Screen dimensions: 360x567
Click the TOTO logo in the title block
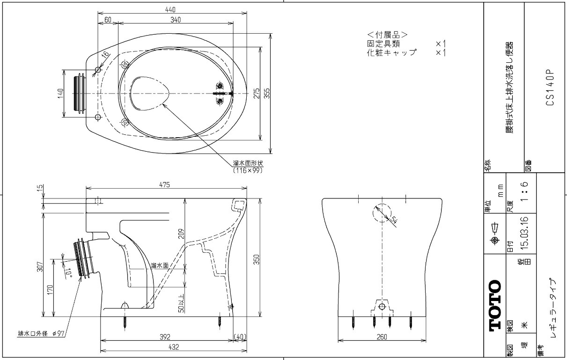(494, 306)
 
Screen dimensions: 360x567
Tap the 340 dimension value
(176, 19)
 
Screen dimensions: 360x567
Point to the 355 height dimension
(267, 94)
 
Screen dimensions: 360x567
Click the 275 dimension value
(256, 94)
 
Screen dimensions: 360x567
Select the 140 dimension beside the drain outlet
(60, 93)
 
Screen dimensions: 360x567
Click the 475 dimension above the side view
(163, 184)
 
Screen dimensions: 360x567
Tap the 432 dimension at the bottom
(174, 348)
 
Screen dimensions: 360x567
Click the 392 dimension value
(164, 337)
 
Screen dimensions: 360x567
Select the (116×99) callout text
(248, 170)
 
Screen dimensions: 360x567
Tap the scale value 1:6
(525, 191)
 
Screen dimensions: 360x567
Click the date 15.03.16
(525, 231)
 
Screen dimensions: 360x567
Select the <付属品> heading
(387, 35)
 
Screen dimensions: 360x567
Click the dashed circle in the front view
(382, 213)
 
